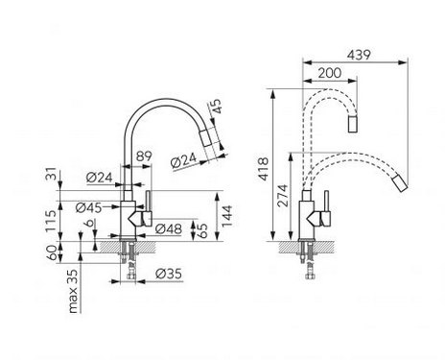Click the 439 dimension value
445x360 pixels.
359,55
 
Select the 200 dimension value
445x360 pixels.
330,73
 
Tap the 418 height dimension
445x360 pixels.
264,169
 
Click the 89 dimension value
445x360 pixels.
144,156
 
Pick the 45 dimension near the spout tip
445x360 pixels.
216,107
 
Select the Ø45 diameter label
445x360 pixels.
89,208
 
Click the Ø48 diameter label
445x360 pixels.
168,228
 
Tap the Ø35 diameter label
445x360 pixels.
169,274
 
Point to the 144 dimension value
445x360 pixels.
227,216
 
